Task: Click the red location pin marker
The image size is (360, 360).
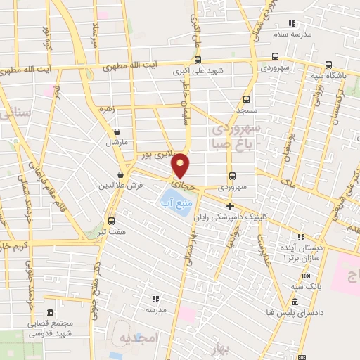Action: (181, 165)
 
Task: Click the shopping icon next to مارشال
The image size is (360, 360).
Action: (116, 131)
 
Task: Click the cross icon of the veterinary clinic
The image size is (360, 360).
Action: (230, 205)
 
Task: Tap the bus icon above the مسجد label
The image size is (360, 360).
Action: (246, 99)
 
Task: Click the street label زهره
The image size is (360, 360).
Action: (106, 110)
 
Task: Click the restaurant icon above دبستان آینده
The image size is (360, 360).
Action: (301, 236)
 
